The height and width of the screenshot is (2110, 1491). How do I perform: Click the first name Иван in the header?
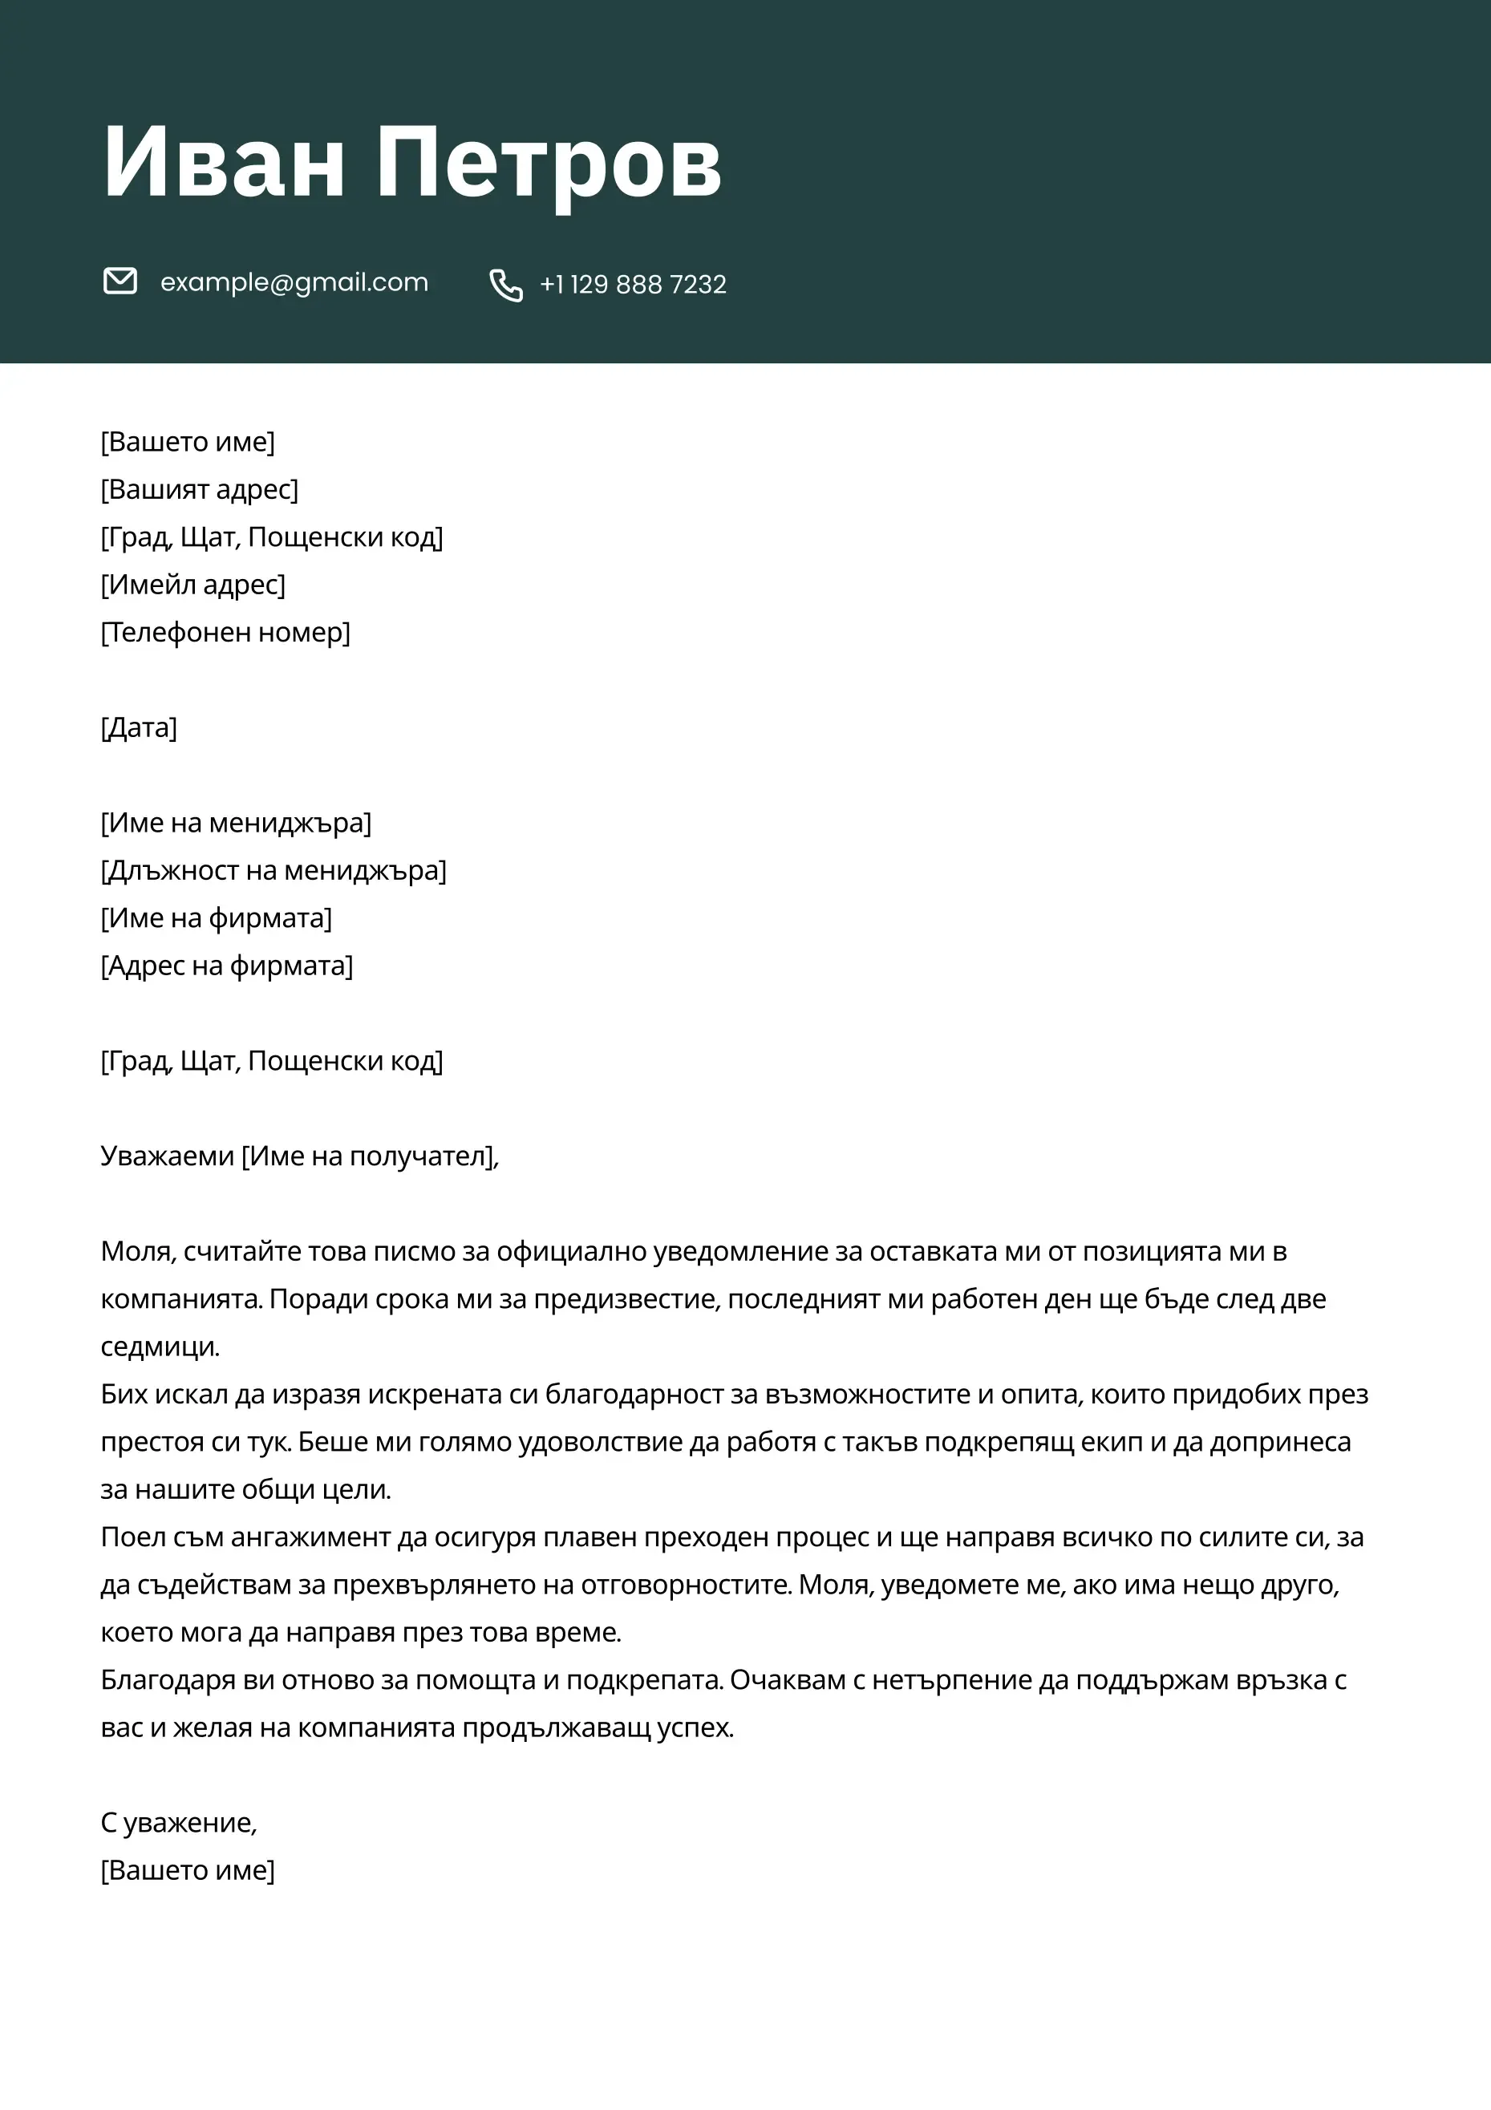(224, 163)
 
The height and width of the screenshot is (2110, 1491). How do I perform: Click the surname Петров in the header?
(549, 163)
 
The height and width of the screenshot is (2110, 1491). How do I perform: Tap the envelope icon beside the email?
(120, 281)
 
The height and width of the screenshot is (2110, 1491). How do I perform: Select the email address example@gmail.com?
(294, 282)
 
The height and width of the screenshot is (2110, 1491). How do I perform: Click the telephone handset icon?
(505, 285)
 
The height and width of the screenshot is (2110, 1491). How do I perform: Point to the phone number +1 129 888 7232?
(634, 285)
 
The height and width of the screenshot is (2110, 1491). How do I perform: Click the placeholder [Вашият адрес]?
(200, 490)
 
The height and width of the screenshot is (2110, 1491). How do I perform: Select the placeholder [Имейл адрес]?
(193, 585)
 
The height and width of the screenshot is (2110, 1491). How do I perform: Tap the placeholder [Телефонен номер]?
(225, 632)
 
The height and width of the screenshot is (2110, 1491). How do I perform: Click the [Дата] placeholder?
(139, 728)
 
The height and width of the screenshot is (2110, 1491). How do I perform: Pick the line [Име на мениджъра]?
(237, 823)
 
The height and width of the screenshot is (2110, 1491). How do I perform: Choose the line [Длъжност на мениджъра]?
(273, 870)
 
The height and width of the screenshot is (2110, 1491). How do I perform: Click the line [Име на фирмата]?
(216, 918)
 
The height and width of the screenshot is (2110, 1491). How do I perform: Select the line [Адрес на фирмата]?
(226, 966)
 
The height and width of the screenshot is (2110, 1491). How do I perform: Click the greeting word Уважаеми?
(168, 1156)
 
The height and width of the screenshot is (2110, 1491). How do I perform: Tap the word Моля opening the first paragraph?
(137, 1252)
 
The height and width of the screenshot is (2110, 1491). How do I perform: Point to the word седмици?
(159, 1347)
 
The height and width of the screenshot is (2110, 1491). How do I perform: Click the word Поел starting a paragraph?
(131, 1537)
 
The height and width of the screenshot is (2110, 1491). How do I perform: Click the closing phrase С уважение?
(177, 1823)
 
